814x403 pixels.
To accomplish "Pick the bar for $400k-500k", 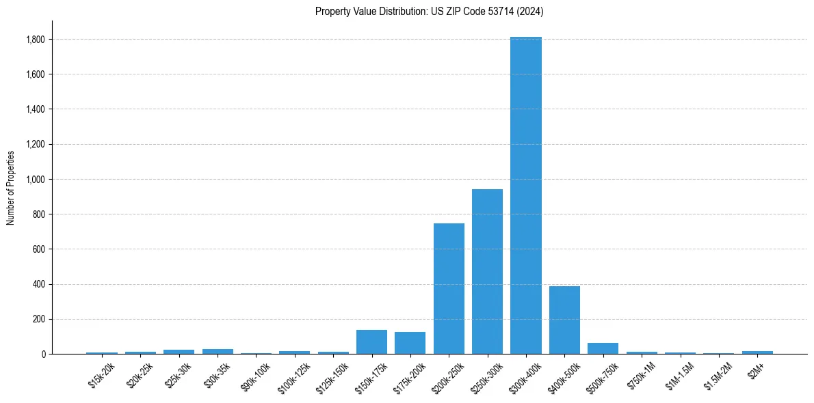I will pos(564,320).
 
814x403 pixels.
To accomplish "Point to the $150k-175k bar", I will pos(371,342).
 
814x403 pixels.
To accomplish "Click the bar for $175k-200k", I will pos(410,343).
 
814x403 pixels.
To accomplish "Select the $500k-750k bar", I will pos(603,348).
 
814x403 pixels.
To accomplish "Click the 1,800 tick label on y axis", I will pos(35,40).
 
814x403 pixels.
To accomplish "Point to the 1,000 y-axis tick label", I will pos(35,180).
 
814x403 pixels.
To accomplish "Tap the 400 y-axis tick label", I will pos(38,284).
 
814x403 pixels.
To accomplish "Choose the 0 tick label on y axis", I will pos(42,355).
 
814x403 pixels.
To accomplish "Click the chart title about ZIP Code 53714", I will pos(430,11).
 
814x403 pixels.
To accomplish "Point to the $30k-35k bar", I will pos(218,351).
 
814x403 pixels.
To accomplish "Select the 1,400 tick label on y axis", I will pos(35,109).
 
